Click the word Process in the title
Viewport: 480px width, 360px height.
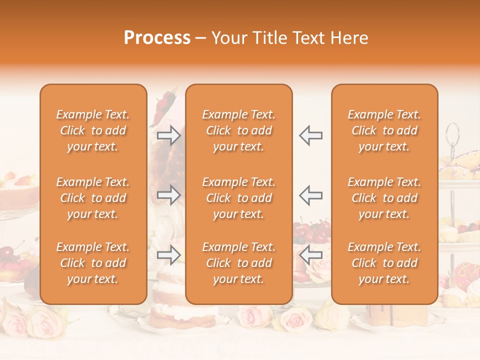click(157, 38)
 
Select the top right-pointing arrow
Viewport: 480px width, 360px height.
click(169, 135)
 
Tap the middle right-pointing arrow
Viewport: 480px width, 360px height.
click(169, 195)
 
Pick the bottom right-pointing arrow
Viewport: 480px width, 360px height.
click(169, 255)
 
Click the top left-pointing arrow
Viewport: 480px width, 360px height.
click(310, 135)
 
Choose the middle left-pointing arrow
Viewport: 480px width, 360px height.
click(310, 195)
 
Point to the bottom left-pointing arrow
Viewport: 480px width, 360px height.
click(310, 255)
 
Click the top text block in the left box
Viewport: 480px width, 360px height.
click(93, 130)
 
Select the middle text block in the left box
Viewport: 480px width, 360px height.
click(93, 198)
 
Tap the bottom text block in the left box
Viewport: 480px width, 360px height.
click(93, 263)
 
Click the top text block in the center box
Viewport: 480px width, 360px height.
click(238, 130)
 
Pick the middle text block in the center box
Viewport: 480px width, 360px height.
click(238, 198)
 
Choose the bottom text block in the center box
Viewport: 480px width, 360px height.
click(238, 263)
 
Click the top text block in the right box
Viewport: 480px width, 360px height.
click(384, 130)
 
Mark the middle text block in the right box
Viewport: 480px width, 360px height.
click(384, 198)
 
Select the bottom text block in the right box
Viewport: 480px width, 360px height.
click(384, 263)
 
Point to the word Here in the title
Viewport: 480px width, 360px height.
click(349, 38)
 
